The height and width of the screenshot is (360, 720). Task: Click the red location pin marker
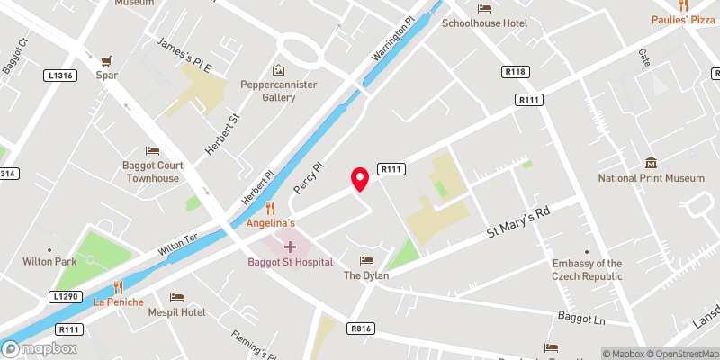[360, 179]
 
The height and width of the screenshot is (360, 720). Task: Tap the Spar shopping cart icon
[108, 60]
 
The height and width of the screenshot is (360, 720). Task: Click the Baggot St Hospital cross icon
[290, 245]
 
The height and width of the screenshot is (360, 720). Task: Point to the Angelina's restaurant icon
[269, 207]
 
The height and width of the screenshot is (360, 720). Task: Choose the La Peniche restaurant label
[118, 301]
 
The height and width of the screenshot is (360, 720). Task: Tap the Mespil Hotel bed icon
[176, 297]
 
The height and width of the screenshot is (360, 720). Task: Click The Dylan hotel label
[365, 275]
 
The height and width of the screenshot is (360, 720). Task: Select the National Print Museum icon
[651, 162]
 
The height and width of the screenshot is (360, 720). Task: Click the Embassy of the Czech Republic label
[588, 270]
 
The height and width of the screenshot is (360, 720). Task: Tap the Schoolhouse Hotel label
[489, 22]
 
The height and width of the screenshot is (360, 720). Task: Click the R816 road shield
[361, 328]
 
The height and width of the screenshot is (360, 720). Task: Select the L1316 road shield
[63, 75]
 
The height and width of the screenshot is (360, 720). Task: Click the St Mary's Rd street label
[517, 221]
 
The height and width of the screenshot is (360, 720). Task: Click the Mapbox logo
[39, 348]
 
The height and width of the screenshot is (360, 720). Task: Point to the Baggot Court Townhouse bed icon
[152, 150]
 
